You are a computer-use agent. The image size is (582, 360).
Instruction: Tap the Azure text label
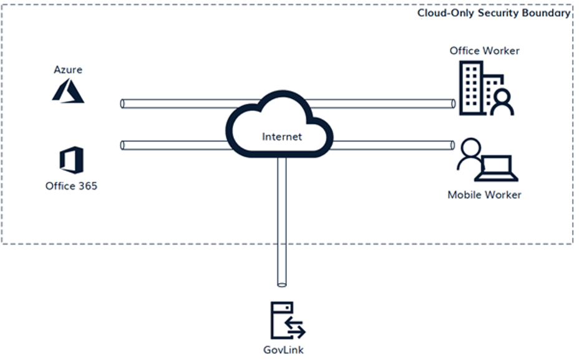point(68,70)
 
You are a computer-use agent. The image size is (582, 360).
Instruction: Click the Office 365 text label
point(71,186)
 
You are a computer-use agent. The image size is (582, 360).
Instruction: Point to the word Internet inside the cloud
point(281,137)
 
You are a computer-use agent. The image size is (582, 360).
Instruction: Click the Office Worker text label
point(484,51)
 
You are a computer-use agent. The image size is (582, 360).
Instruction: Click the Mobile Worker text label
point(484,195)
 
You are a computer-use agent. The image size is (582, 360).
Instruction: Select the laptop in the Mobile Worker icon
point(497,167)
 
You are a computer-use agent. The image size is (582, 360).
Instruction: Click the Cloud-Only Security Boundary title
point(493,12)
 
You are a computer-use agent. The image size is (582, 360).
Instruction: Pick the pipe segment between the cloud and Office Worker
point(387,104)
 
